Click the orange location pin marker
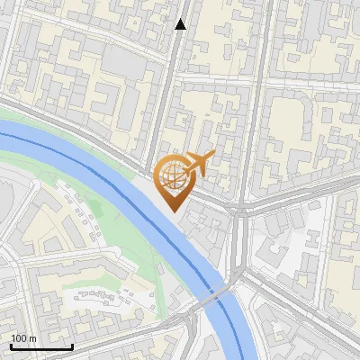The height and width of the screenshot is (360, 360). click(x=173, y=180)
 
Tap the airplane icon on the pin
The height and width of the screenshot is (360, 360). click(x=196, y=165)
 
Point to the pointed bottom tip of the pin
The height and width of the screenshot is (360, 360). click(x=173, y=211)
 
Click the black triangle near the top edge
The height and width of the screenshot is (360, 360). click(x=181, y=24)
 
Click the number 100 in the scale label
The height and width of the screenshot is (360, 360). click(x=19, y=338)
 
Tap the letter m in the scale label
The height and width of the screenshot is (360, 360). click(x=33, y=338)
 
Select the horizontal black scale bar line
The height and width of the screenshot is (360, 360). click(x=41, y=346)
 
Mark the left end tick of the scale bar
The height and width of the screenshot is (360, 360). click(x=11, y=345)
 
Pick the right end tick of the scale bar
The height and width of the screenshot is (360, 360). click(x=72, y=345)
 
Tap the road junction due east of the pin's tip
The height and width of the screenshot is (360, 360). click(x=240, y=211)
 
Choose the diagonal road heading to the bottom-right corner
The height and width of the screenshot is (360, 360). click(x=306, y=315)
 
